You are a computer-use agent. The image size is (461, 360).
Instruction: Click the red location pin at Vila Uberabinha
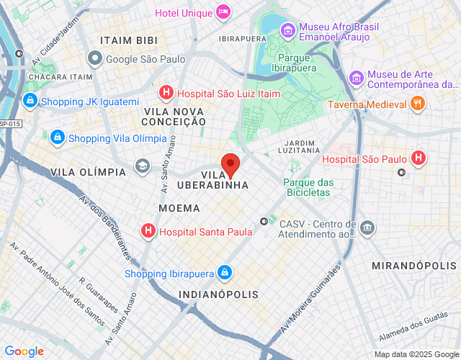(x=230, y=165)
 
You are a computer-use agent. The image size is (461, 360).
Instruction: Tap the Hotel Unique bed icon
(x=223, y=12)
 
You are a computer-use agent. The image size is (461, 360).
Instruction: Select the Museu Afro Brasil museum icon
(x=287, y=31)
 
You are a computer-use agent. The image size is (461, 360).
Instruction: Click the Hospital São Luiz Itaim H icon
(x=166, y=93)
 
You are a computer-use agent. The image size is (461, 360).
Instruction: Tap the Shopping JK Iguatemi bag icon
(x=30, y=102)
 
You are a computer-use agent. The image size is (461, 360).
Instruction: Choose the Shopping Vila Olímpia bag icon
(x=58, y=138)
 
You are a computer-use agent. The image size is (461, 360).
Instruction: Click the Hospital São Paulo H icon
(x=418, y=158)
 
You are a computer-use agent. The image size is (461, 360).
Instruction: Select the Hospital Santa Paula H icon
(x=148, y=231)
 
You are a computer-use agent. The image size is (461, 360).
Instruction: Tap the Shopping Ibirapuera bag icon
(x=225, y=273)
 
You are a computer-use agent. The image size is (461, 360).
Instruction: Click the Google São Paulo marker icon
(x=94, y=58)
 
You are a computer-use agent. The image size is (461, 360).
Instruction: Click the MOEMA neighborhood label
(x=179, y=208)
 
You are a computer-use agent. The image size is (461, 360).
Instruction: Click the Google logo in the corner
(x=24, y=351)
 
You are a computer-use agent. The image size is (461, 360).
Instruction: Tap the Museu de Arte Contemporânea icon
(x=355, y=77)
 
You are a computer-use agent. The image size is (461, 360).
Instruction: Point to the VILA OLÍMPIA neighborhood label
(x=89, y=172)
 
